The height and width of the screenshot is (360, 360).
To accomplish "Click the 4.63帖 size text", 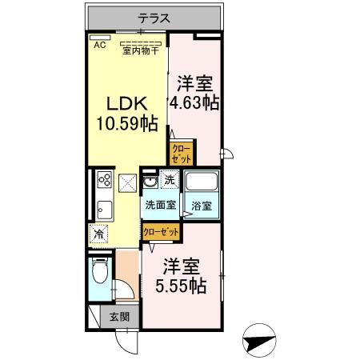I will click(x=194, y=103).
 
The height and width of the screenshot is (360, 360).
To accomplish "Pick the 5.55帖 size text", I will click(x=181, y=285).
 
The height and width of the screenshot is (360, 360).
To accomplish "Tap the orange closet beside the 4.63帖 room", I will click(x=180, y=152).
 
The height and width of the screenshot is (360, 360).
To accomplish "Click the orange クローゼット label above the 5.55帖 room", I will click(x=160, y=230).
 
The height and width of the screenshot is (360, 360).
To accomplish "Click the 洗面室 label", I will click(x=159, y=204).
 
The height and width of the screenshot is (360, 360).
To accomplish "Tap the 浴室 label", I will click(x=202, y=206).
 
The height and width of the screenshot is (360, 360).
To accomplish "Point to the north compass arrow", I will click(x=259, y=342).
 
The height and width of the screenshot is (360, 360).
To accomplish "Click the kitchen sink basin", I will click(x=103, y=210).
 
